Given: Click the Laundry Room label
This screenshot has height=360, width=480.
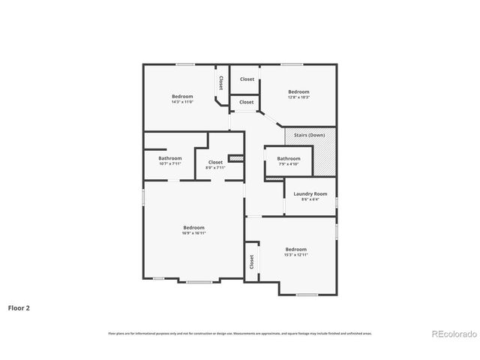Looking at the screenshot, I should (310, 194).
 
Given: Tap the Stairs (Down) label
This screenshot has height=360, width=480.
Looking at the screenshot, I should (309, 135).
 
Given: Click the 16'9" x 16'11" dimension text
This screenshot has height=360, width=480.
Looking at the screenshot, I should (193, 233).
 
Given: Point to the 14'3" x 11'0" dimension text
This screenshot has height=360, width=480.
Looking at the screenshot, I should (182, 102).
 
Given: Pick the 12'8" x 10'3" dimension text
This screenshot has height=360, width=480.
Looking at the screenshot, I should (298, 97).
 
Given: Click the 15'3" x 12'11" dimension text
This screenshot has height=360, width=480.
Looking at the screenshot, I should (295, 255).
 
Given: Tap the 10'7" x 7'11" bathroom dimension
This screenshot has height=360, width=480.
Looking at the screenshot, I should (170, 163).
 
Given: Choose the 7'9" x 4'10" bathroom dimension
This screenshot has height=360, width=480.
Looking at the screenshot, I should (289, 164).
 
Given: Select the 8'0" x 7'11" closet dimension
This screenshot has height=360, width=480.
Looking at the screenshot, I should (215, 167).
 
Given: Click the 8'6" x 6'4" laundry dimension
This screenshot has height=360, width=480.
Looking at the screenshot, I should (310, 199).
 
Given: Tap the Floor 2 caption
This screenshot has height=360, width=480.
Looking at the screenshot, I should (19, 307).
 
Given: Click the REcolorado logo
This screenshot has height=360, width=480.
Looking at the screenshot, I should (451, 333).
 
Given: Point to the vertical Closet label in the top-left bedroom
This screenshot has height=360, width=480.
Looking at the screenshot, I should (220, 82).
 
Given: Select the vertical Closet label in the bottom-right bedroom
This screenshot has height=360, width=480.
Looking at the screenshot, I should (252, 262).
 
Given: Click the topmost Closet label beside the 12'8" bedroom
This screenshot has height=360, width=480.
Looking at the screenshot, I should (247, 79).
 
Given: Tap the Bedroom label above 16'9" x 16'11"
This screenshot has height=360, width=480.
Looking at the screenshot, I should (193, 227).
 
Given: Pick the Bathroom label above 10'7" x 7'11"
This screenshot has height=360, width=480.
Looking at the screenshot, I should (170, 158).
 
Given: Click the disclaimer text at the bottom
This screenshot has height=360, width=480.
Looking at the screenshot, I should (240, 333).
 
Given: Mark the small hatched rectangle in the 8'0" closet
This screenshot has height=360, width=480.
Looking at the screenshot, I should (236, 158).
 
